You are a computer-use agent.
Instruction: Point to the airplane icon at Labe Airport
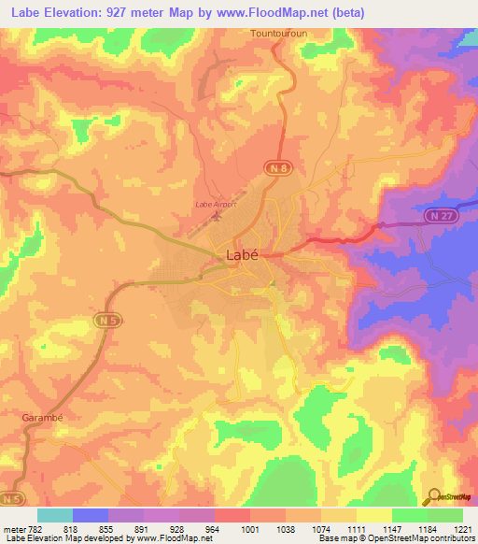point(218,217)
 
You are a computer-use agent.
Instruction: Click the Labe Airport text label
point(215,203)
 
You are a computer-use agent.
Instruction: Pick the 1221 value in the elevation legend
point(463,528)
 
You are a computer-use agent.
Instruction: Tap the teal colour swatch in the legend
point(55,515)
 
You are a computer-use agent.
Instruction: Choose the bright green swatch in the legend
point(410,515)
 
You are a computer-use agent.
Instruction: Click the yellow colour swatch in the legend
point(374,515)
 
